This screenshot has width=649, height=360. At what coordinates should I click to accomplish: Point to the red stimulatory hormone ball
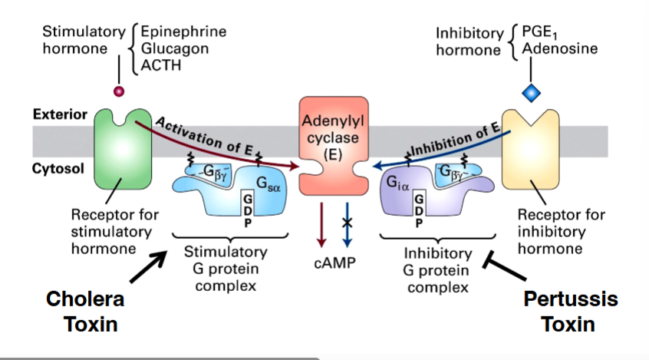coord(118,92)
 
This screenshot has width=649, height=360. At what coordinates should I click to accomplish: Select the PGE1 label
coord(540,33)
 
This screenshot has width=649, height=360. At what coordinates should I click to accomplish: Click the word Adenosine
coord(559,49)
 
